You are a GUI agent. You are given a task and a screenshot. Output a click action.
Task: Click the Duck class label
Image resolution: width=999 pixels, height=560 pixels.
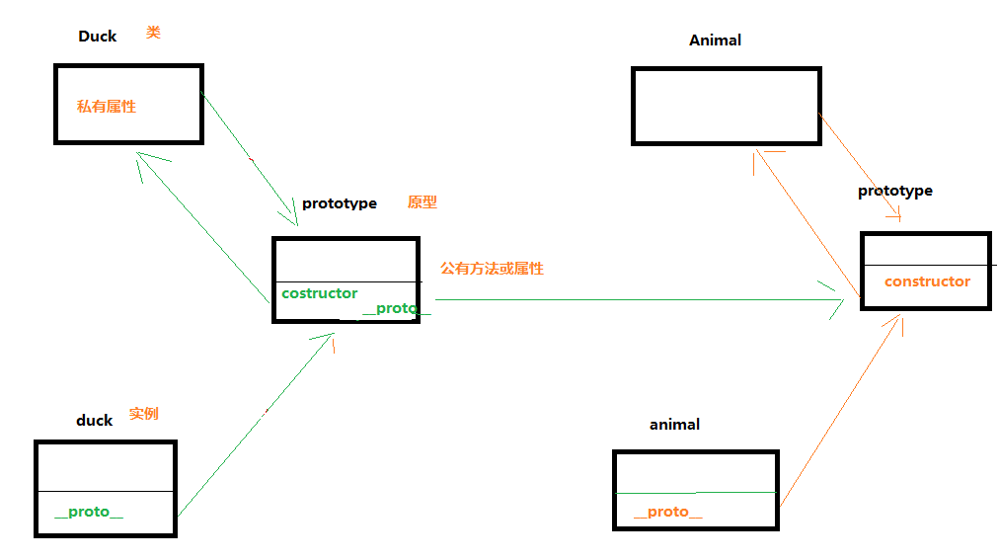(97, 37)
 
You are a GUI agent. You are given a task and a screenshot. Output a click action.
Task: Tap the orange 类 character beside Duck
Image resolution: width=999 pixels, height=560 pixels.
(153, 33)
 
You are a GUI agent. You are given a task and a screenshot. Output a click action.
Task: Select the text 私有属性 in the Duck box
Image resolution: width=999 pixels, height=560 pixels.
(107, 106)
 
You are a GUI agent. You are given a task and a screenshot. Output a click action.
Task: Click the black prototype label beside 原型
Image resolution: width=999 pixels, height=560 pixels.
(339, 203)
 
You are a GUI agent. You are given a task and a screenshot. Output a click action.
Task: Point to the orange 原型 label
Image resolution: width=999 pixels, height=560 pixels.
(422, 202)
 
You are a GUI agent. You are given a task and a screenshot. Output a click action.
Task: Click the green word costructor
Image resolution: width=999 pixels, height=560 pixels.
(319, 293)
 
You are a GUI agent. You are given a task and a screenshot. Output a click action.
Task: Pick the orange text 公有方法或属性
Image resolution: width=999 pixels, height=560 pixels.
(492, 268)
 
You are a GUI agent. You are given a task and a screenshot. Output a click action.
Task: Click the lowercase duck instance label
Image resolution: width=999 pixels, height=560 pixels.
(95, 420)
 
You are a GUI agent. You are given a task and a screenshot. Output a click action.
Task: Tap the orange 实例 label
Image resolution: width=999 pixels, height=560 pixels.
(143, 414)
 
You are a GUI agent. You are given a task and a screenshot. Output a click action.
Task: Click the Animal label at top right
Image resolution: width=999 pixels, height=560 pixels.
(715, 40)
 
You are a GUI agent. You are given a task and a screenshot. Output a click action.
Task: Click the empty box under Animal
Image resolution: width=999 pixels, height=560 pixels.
(726, 106)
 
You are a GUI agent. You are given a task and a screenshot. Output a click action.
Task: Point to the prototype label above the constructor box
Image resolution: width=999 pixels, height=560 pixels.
(894, 191)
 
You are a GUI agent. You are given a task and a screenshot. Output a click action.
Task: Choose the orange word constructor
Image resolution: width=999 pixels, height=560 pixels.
(927, 281)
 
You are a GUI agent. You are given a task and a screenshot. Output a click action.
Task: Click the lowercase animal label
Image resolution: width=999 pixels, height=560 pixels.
(674, 424)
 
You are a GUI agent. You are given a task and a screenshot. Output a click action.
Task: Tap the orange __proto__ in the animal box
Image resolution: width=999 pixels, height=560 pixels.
(668, 511)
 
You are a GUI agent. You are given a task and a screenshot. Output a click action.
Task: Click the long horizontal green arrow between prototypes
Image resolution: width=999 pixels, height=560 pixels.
(632, 299)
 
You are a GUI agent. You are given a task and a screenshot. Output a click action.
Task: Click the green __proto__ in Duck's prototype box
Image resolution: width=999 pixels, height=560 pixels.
(396, 309)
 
